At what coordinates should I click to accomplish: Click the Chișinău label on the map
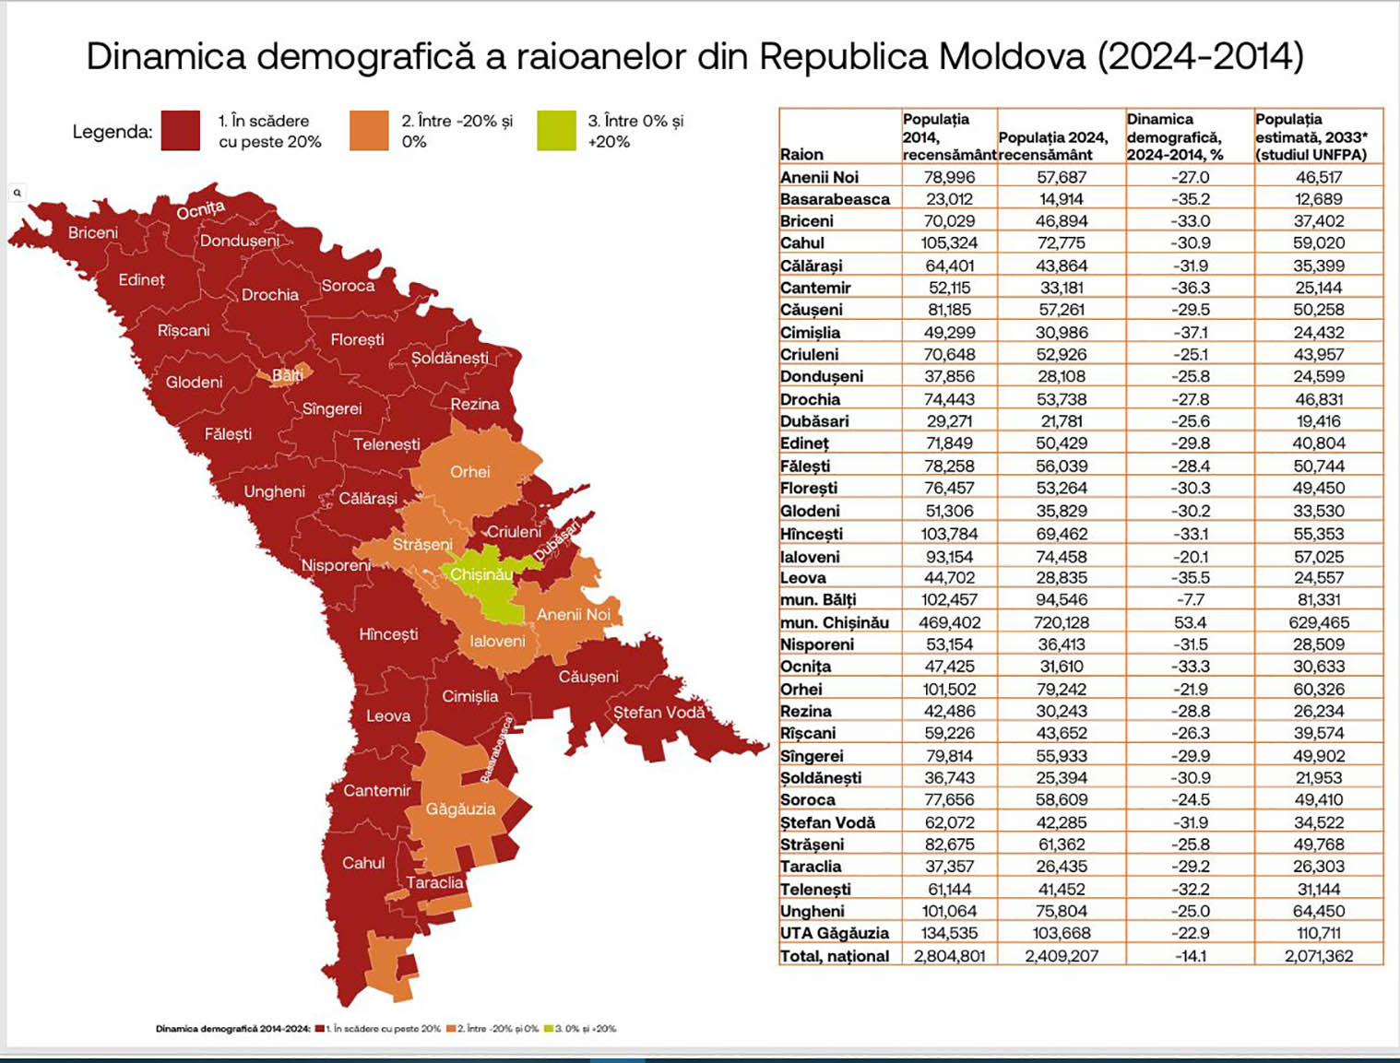coord(481,574)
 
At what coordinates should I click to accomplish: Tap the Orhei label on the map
coord(469,472)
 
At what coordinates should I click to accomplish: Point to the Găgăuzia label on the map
coord(460,809)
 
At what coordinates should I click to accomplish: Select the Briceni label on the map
coord(92,232)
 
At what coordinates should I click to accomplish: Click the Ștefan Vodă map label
coord(658,713)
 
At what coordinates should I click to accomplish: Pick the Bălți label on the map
coord(287,375)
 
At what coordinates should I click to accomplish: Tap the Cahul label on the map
coord(363,863)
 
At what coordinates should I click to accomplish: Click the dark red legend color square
coord(180,131)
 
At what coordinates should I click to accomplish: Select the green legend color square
coord(556,131)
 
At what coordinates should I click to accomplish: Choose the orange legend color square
coord(369,131)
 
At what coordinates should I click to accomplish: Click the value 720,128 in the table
coord(1062,622)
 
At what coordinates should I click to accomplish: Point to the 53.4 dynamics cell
coord(1190,622)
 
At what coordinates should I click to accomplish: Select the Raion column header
coord(801,154)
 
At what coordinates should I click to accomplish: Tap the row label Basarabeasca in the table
coord(835,199)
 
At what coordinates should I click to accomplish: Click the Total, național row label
coord(834,956)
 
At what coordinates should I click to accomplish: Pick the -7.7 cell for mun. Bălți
coord(1190,600)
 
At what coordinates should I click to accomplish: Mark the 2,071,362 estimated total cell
coord(1318,956)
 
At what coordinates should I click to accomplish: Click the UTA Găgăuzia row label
coord(834,933)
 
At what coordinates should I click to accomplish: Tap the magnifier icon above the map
coord(18,193)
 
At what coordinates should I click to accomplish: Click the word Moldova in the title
coord(1012,56)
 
